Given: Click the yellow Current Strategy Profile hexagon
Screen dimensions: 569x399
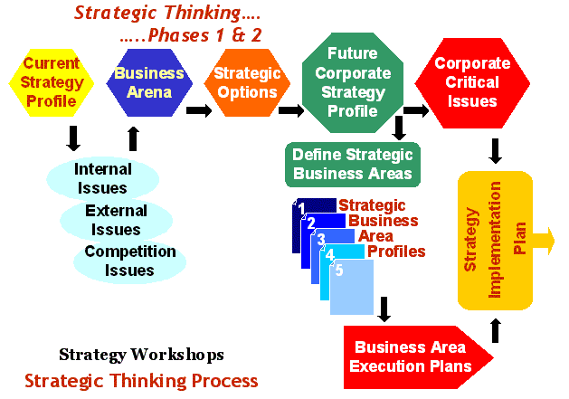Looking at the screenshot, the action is pos(52,82).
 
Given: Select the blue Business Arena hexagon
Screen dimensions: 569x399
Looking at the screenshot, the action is pos(149,82).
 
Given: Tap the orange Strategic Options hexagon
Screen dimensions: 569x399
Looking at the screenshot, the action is pos(247,82).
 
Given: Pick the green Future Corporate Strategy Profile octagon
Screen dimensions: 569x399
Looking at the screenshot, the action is pos(353,82).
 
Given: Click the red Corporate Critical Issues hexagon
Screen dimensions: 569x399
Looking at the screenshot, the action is pos(472,83).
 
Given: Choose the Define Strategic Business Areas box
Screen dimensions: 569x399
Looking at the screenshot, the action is pos(353,165).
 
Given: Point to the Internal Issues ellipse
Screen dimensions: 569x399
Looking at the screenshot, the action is pos(103,178).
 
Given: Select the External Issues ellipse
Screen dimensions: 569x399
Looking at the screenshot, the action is pos(116,220).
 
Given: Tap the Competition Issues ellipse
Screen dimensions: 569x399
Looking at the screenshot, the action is pos(130,261).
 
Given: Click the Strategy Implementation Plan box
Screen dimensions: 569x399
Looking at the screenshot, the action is pos(495,241).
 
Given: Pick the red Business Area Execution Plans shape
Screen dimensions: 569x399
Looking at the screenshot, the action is pos(418,357).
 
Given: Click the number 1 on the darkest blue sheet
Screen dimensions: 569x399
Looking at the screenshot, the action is pos(301,209).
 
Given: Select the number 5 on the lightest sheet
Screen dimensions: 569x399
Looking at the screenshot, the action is pos(339,271).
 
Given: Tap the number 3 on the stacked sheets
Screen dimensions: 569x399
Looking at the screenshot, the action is pos(321,240).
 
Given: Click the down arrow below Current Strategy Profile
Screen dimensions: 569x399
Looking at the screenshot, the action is pos(73,138).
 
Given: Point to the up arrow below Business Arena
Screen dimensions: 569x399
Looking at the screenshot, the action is pos(134,138).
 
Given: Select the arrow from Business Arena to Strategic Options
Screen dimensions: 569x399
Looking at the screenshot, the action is pos(199,110).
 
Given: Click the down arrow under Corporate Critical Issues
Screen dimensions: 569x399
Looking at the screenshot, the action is pos(495,151).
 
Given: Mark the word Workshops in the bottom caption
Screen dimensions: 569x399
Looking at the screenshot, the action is pos(177,355).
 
